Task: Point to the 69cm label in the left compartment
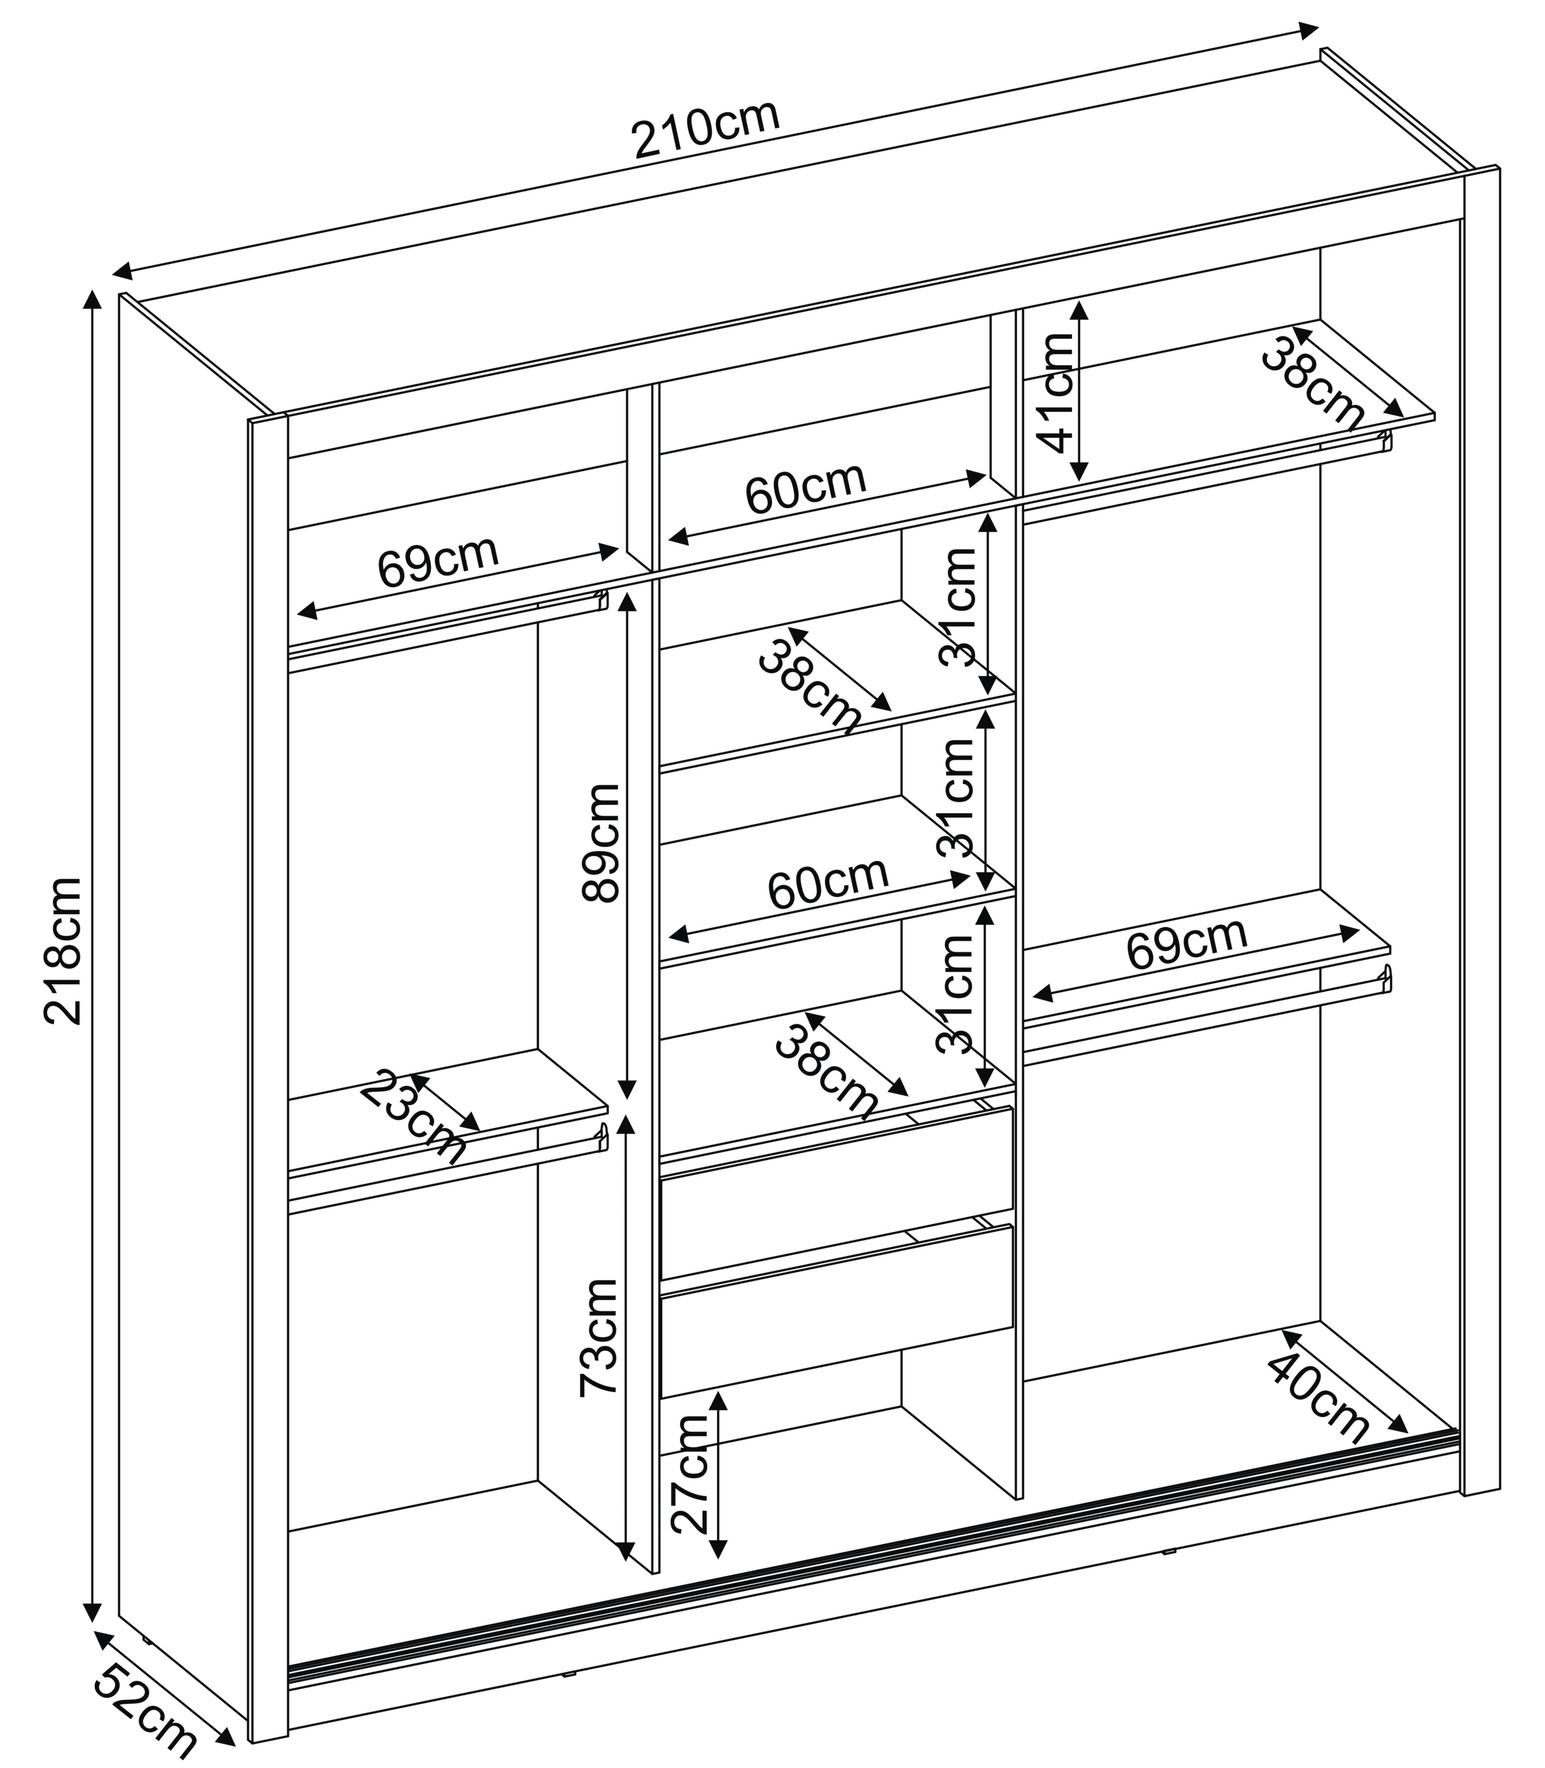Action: pos(438,562)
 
